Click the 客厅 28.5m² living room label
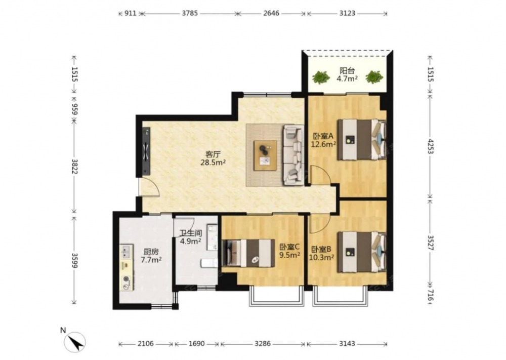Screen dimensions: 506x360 tap(213, 158)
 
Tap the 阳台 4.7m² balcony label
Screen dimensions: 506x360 tap(347, 74)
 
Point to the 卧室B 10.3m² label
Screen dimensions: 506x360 tap(321, 254)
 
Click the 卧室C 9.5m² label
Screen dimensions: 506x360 tap(290, 251)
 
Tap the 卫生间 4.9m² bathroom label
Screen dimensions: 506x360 tap(191, 236)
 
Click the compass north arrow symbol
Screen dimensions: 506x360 tap(75, 342)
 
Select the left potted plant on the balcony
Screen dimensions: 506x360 tap(321, 77)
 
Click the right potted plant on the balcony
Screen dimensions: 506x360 tap(374, 77)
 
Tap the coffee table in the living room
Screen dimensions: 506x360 tap(265, 155)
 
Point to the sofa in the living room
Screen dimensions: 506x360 tap(293, 155)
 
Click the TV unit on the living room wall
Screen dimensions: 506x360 tap(147, 151)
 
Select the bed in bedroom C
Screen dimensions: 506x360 tap(248, 253)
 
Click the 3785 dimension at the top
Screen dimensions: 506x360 tap(190, 13)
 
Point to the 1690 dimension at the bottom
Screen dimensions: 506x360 tap(196, 343)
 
